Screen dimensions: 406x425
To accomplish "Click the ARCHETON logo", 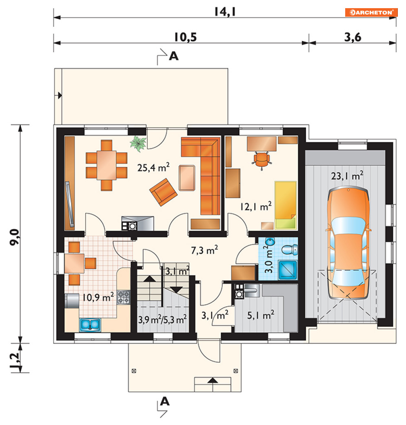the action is pyautogui.click(x=371, y=13).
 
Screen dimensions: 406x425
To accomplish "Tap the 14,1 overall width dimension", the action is pyautogui.click(x=225, y=12).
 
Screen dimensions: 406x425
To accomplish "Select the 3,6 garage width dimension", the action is pyautogui.click(x=353, y=37).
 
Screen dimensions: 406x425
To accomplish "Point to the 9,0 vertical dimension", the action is pyautogui.click(x=14, y=237).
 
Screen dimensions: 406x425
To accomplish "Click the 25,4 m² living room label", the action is pyautogui.click(x=153, y=167).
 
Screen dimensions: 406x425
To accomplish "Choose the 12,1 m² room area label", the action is pyautogui.click(x=255, y=206).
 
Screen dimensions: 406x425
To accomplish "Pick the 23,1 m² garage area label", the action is pyautogui.click(x=347, y=176).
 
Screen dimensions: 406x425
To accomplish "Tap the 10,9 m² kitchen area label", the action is pyautogui.click(x=98, y=297).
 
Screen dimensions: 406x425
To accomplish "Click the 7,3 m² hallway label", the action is pyautogui.click(x=204, y=250).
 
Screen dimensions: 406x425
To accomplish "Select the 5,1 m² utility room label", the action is pyautogui.click(x=261, y=315).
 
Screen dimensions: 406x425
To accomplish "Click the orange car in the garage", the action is pyautogui.click(x=348, y=243).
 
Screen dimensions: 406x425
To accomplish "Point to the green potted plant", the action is pyautogui.click(x=138, y=143).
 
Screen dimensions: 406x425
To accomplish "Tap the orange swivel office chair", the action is pyautogui.click(x=262, y=160).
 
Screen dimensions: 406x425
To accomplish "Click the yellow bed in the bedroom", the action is pyautogui.click(x=285, y=205).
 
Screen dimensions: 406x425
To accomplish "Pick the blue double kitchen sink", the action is pyautogui.click(x=90, y=325).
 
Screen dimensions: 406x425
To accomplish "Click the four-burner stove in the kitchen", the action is pyautogui.click(x=123, y=297).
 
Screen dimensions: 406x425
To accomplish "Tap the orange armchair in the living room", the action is pyautogui.click(x=163, y=192).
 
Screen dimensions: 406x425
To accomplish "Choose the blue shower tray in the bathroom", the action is pyautogui.click(x=288, y=270).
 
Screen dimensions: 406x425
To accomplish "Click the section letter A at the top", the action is pyautogui.click(x=173, y=56).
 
